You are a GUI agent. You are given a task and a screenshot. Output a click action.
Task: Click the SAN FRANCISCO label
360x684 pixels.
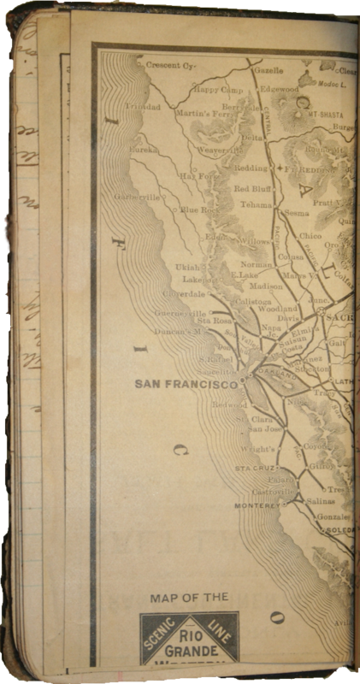point(186,385)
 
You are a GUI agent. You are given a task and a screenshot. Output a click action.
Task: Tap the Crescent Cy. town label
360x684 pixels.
point(171,65)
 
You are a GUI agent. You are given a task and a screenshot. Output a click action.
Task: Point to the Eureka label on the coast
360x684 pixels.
point(143,149)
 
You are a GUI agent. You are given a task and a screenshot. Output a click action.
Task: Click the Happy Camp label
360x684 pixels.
point(216,88)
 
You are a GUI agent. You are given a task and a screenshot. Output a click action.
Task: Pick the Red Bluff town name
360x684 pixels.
point(253,188)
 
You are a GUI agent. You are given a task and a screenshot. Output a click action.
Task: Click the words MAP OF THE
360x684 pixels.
point(189,597)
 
